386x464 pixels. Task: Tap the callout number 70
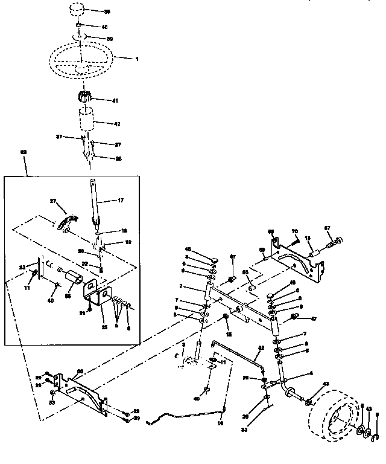point(295,231)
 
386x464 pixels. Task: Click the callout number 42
point(117,123)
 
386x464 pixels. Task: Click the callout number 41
point(115,100)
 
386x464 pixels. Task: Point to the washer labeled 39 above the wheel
point(81,38)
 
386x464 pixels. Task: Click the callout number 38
point(107,11)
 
